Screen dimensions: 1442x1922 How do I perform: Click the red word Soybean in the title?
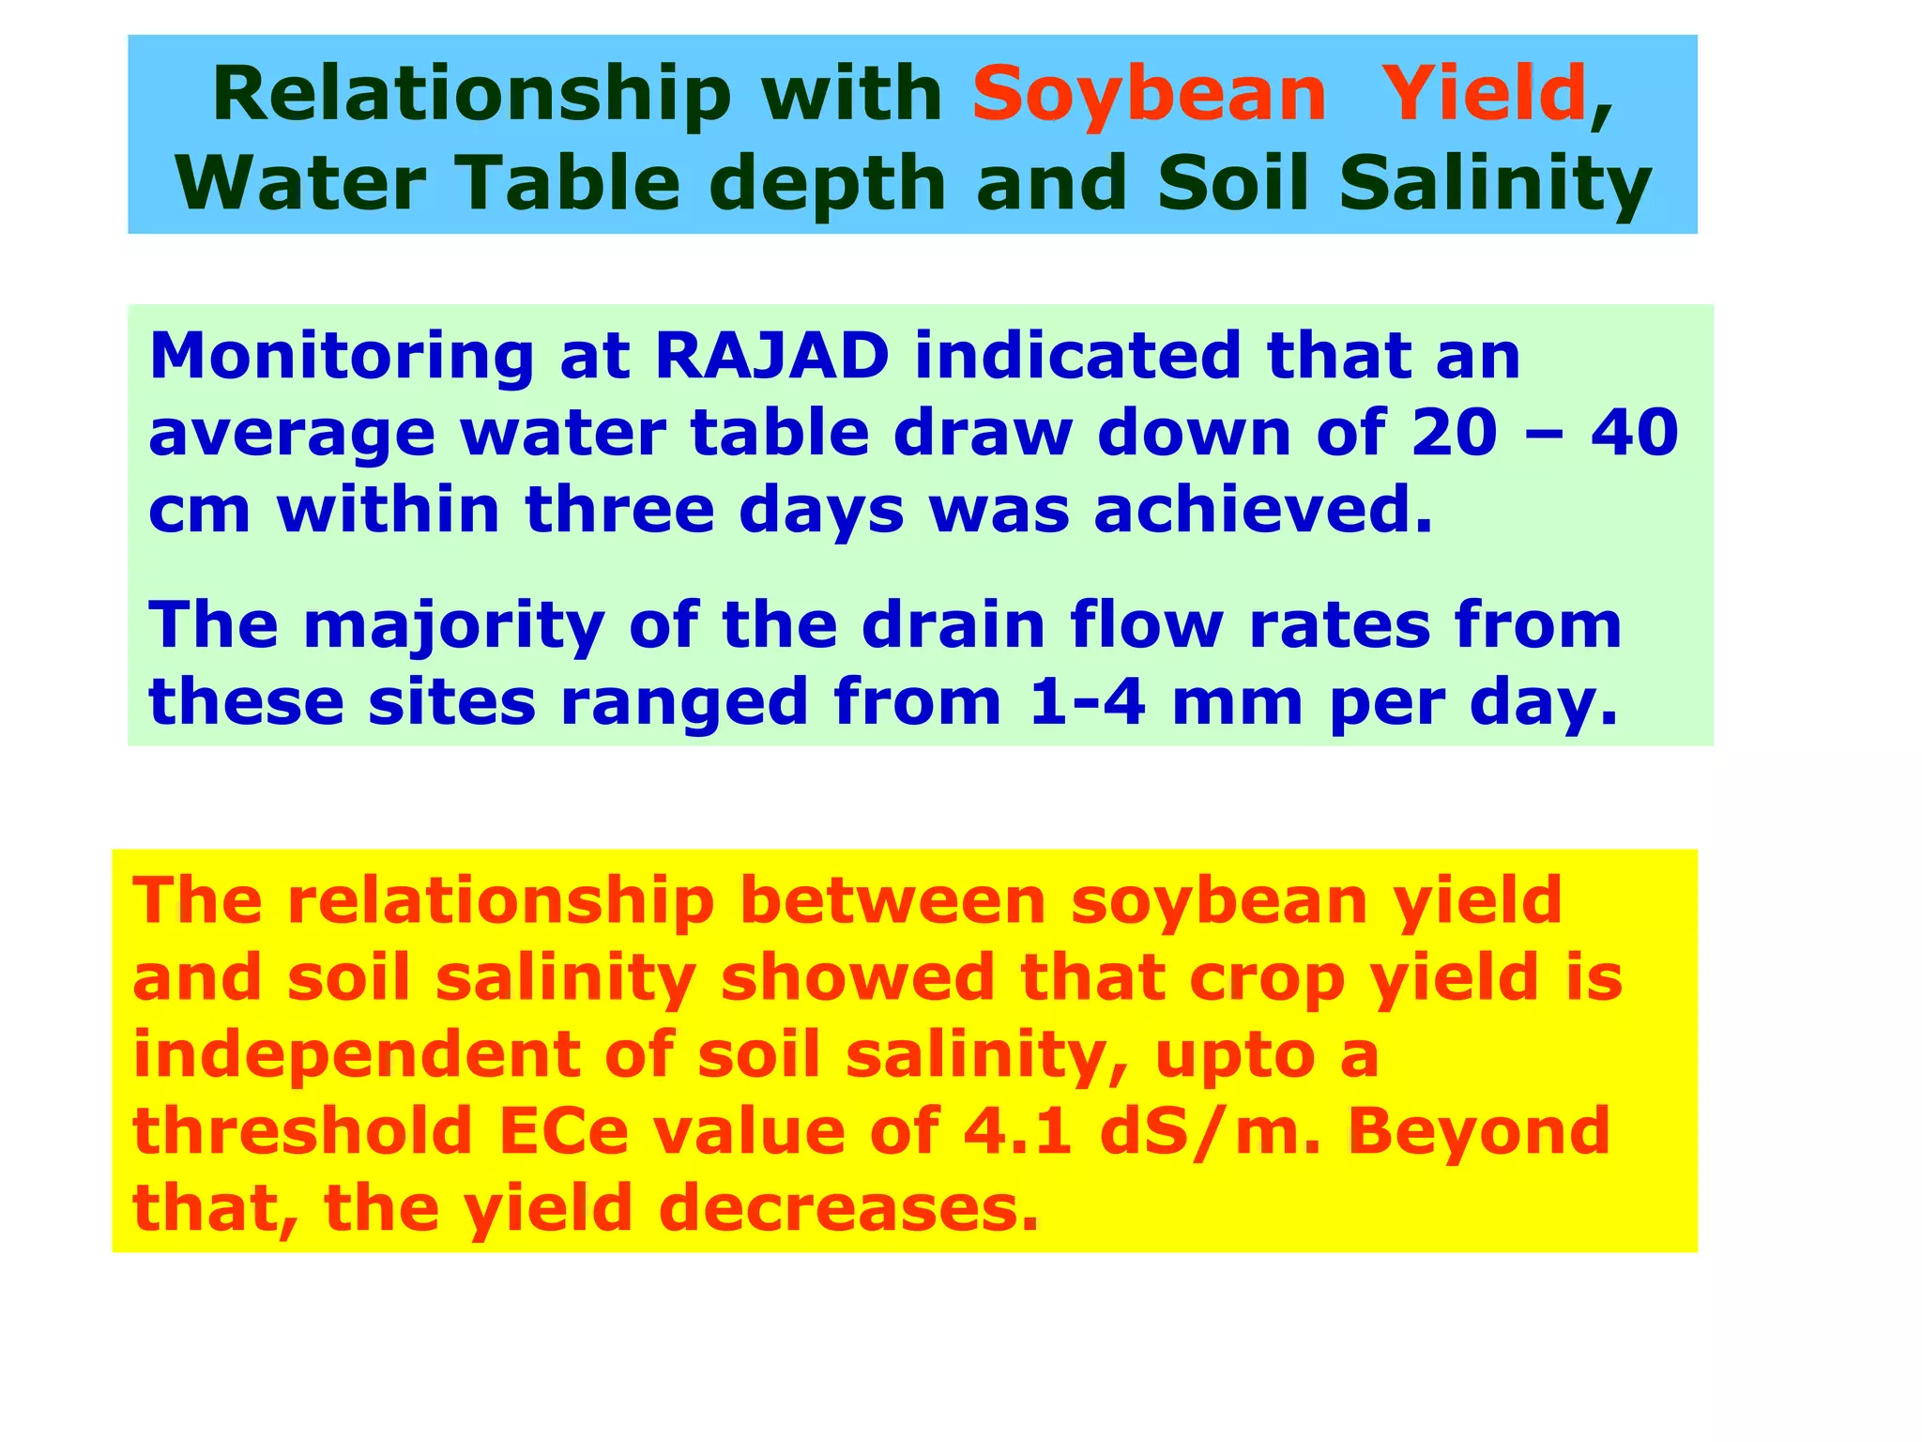[1149, 96]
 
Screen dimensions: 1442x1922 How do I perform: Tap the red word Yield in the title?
[1485, 96]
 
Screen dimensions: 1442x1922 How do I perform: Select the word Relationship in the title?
[471, 96]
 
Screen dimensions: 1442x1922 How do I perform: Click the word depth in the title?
[833, 184]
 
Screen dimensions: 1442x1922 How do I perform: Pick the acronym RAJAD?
[771, 357]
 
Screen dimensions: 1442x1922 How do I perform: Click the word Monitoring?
[342, 357]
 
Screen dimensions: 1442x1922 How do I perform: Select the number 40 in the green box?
[1634, 434]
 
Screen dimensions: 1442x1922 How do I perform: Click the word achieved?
[1263, 511]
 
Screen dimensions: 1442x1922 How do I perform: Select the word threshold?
[302, 1131]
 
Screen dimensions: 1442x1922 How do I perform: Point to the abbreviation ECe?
[563, 1131]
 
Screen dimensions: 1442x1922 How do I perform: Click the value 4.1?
[1017, 1131]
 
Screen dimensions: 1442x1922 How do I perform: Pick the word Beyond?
[1479, 1131]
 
